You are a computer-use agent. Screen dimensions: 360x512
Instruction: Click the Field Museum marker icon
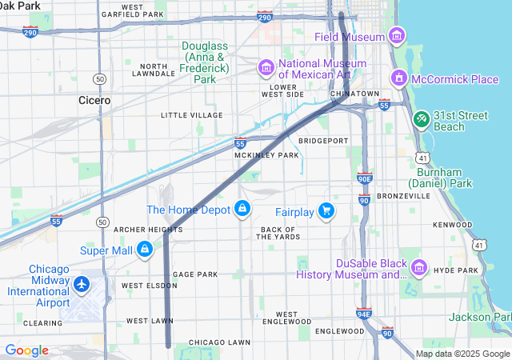396,36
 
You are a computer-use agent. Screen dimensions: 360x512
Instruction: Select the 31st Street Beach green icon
421,119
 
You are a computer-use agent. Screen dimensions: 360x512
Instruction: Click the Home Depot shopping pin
242,209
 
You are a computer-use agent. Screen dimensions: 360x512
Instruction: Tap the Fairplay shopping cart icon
326,211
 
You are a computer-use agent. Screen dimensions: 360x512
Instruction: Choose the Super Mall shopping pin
144,250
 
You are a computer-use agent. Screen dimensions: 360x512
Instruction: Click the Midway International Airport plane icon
82,284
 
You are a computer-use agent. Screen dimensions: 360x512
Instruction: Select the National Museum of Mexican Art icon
265,69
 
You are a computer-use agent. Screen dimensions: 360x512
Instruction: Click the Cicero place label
94,101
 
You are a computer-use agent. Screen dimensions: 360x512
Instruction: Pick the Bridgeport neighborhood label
323,141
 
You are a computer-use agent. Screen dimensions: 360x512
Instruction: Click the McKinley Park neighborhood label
266,155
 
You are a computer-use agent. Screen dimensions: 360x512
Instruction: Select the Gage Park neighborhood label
195,274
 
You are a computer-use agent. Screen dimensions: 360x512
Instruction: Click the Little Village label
191,115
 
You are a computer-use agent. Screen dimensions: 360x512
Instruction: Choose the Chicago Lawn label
219,342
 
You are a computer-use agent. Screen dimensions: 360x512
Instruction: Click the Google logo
27,350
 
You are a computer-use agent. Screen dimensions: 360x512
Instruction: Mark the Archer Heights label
148,230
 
